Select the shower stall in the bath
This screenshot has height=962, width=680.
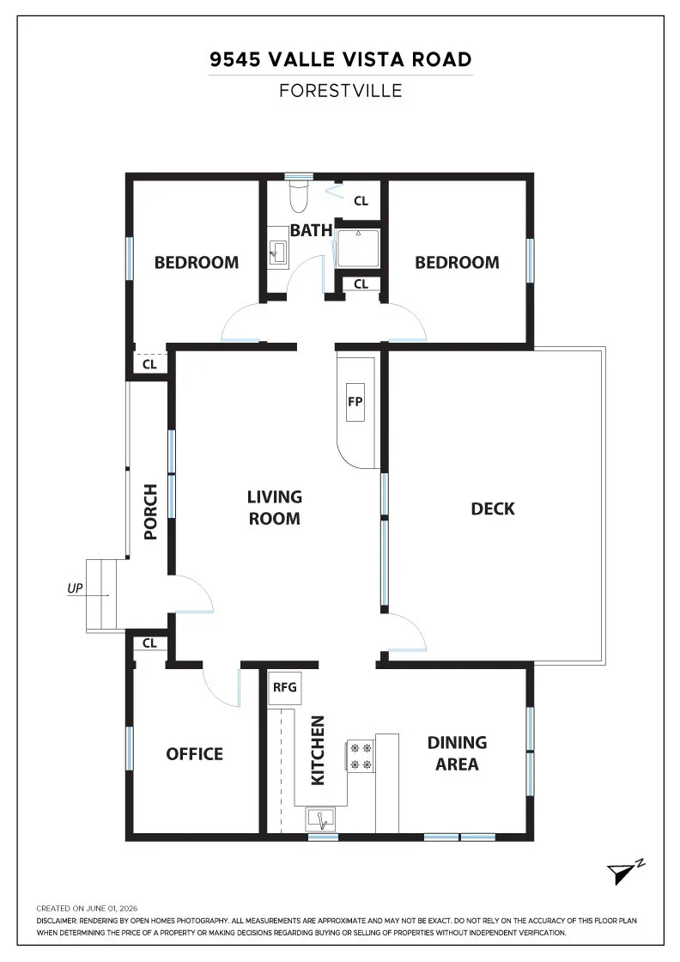pos(358,248)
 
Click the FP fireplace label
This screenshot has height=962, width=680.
pos(355,402)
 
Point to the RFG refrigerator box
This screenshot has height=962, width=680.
pos(284,687)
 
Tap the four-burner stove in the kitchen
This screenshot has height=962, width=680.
pos(361,756)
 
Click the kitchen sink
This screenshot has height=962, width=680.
pos(321,819)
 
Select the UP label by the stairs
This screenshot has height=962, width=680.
pos(75,588)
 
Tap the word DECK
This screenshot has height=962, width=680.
pos(493,508)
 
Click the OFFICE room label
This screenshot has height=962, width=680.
pos(194,754)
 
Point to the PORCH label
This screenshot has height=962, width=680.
pos(150,512)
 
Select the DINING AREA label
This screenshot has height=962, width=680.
pos(457,752)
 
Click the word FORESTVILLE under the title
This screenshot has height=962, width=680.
pos(341,91)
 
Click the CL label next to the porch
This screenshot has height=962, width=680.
pos(149,364)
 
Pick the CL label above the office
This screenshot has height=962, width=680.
pos(149,643)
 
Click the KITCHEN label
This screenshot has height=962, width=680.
pos(318,751)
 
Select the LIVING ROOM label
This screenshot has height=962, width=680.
pos(274,508)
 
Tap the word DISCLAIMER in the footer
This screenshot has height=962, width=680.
pos(57,921)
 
